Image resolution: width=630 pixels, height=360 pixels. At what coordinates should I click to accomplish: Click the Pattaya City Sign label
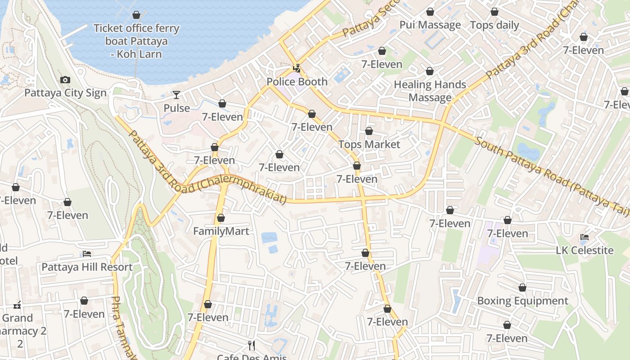tap(65, 93)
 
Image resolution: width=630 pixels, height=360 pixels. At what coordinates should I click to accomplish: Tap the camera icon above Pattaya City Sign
tap(65, 80)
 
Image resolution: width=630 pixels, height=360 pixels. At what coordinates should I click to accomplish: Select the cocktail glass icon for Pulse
tap(176, 95)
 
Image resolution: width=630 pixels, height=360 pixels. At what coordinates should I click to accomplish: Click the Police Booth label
tap(297, 82)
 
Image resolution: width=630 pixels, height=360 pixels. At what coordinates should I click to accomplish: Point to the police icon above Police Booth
tap(297, 69)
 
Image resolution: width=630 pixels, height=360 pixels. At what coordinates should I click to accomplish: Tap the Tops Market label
tap(369, 144)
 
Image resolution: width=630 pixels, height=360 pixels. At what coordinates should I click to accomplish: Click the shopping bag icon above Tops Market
tap(369, 131)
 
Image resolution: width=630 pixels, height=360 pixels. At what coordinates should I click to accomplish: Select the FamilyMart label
tap(221, 231)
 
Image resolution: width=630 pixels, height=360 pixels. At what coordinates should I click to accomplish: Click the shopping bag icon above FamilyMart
tap(221, 218)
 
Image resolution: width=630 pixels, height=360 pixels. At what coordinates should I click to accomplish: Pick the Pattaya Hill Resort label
tap(87, 267)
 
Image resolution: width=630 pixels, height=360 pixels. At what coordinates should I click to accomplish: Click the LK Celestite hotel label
tap(585, 251)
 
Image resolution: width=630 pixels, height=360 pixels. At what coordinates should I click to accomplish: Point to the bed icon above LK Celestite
tap(585, 237)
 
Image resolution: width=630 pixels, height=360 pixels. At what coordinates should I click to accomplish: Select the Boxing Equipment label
tap(522, 301)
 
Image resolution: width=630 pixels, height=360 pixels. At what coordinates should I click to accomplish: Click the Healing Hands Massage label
tap(430, 91)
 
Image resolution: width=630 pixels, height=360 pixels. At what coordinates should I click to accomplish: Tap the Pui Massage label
tap(430, 25)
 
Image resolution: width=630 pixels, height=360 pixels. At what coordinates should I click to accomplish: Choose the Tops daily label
tap(495, 25)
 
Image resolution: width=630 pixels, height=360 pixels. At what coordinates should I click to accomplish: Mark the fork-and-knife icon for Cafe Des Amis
tap(252, 346)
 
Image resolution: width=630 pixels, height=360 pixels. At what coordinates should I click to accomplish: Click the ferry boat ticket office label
tap(136, 41)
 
